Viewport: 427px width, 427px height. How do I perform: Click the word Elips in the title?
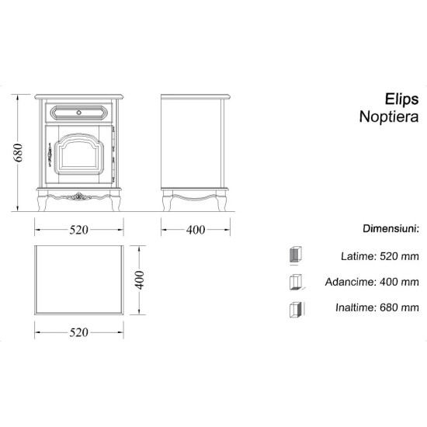click(402, 99)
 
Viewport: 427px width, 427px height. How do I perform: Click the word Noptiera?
click(390, 117)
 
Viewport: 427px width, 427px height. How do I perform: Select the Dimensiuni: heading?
click(391, 230)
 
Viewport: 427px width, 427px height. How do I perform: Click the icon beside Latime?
click(295, 255)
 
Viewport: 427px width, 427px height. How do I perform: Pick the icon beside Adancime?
click(295, 282)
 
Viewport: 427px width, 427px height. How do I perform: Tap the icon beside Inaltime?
click(295, 308)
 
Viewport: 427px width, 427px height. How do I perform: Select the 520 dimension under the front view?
click(80, 230)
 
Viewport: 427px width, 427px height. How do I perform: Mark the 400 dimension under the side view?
click(196, 230)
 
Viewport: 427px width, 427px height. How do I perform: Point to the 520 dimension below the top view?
click(80, 332)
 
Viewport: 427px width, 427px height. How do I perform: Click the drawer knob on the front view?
click(80, 112)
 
